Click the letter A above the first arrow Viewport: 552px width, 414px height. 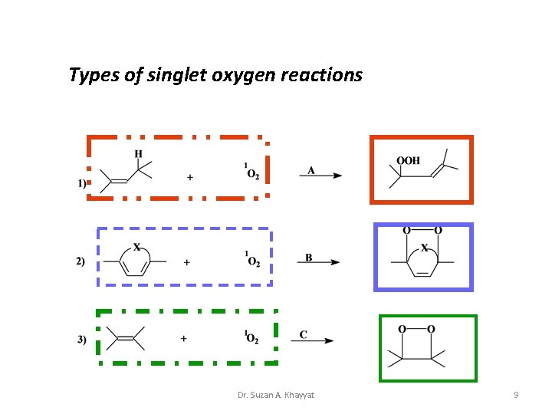[x=310, y=170]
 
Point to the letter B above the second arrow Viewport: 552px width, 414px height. [x=308, y=258]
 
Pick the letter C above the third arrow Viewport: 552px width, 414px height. [x=304, y=334]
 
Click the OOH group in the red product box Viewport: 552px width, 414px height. [x=408, y=161]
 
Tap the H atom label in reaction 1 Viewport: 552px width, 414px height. [x=138, y=154]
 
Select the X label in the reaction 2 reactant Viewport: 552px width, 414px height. [x=136, y=247]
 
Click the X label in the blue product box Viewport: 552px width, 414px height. [x=424, y=248]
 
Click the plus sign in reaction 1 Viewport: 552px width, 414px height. [x=189, y=178]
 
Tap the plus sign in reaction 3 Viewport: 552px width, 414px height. [x=184, y=338]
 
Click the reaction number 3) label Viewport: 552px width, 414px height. [x=81, y=340]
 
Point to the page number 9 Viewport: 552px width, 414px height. [x=516, y=395]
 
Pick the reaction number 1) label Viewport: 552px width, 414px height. [x=82, y=182]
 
